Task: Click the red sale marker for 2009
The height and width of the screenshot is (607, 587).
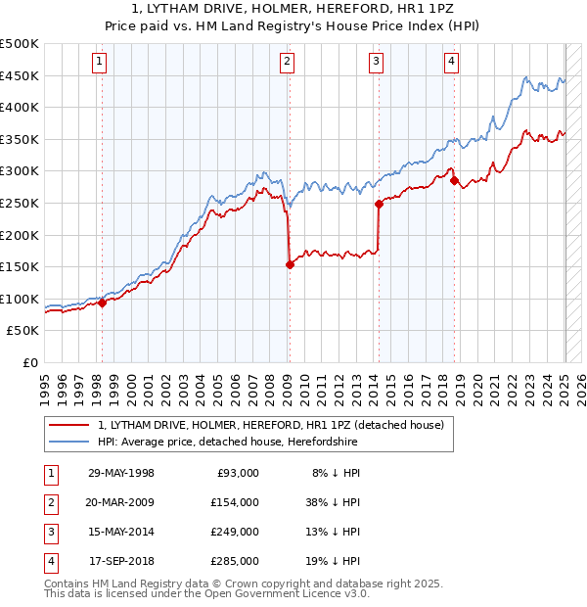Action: click(x=290, y=264)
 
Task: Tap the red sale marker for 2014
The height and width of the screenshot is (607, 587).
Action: click(x=379, y=204)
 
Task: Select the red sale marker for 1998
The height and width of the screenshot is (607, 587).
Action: click(x=102, y=303)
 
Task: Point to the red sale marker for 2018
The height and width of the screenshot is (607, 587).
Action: click(x=453, y=181)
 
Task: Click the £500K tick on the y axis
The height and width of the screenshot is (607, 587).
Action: click(x=20, y=44)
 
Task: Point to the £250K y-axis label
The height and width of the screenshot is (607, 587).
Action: click(x=20, y=203)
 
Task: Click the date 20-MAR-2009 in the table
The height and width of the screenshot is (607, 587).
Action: click(x=121, y=502)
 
